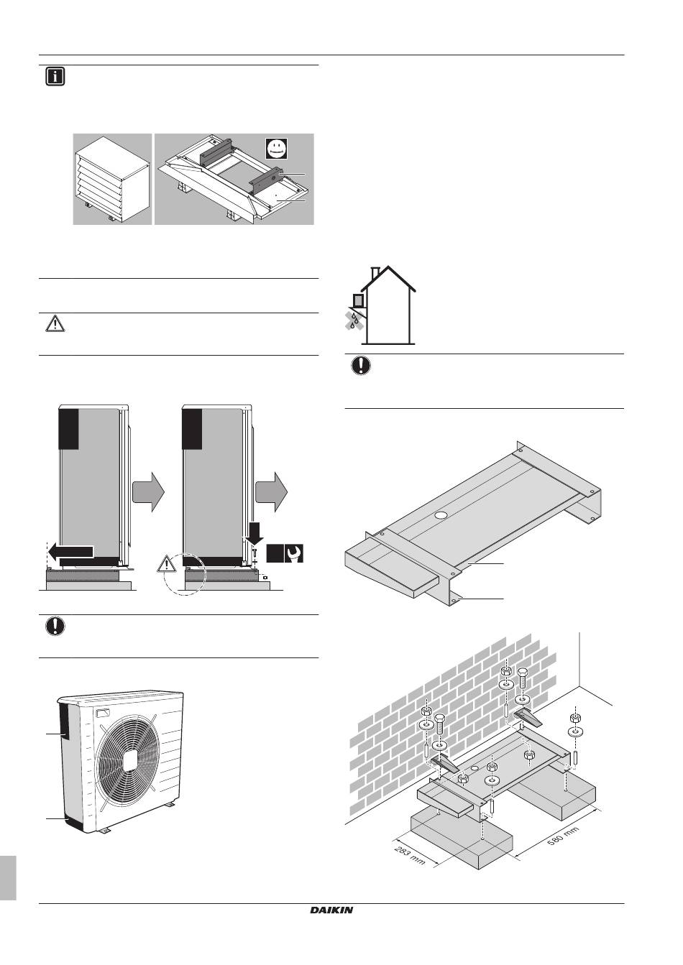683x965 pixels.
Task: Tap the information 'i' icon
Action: pos(55,77)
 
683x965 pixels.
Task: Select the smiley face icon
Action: pos(276,149)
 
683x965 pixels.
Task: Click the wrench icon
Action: pos(294,553)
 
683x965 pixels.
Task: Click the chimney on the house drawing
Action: pos(376,273)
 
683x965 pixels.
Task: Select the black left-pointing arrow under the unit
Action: pos(70,551)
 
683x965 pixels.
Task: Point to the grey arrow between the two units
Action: pos(148,492)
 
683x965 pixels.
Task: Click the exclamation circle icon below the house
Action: pos(361,366)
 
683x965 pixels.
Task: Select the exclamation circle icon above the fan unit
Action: pos(55,626)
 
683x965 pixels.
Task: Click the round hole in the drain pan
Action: pos(441,514)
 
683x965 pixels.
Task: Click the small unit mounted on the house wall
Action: pos(358,300)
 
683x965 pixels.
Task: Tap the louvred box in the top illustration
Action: pos(113,179)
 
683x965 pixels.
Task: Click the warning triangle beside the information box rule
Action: pos(55,324)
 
